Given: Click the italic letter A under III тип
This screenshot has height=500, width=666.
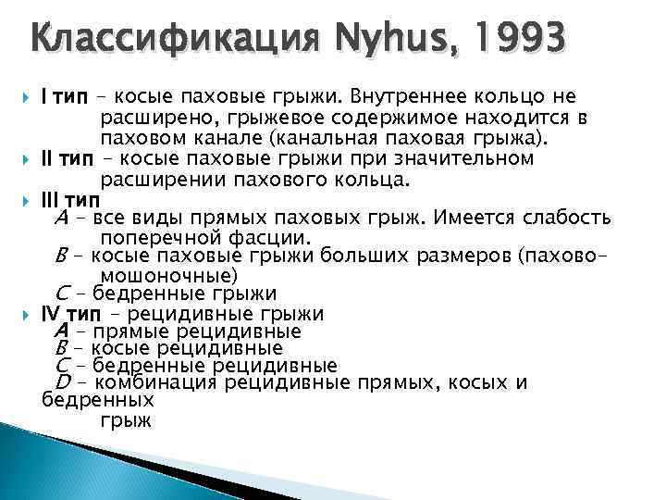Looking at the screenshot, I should [x=60, y=219].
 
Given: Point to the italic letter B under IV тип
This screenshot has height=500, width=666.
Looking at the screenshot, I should [x=62, y=348].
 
